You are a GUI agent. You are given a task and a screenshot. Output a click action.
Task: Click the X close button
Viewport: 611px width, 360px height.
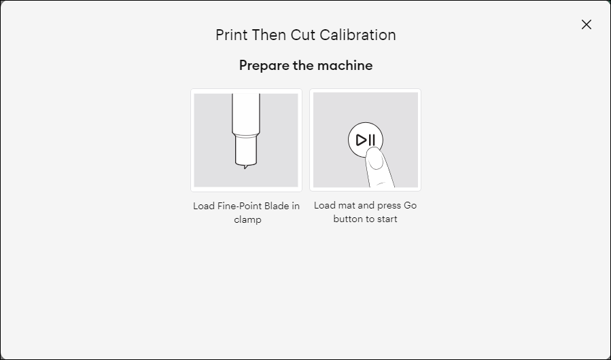click(587, 24)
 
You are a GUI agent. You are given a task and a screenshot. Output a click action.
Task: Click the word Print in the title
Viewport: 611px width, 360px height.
click(232, 35)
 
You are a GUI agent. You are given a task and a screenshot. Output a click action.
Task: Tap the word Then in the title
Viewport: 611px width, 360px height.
click(269, 35)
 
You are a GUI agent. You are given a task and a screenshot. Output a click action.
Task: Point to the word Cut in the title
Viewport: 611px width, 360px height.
click(303, 35)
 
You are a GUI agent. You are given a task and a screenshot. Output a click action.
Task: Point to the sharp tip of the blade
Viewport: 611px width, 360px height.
click(245, 166)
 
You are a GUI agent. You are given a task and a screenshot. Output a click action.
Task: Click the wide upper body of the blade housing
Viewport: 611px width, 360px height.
click(246, 112)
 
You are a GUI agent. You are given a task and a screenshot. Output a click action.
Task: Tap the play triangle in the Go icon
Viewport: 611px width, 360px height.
click(361, 141)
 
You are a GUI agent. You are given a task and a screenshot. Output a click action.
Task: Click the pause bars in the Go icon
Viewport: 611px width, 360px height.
click(372, 141)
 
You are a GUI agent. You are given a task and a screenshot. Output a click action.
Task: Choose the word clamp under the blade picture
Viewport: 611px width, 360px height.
click(247, 220)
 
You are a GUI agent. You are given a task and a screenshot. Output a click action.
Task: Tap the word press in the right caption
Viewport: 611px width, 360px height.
click(387, 205)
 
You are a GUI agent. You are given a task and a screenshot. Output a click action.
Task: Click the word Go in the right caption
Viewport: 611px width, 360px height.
click(410, 205)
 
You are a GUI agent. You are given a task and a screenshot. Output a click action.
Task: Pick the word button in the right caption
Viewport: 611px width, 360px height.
click(348, 219)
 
